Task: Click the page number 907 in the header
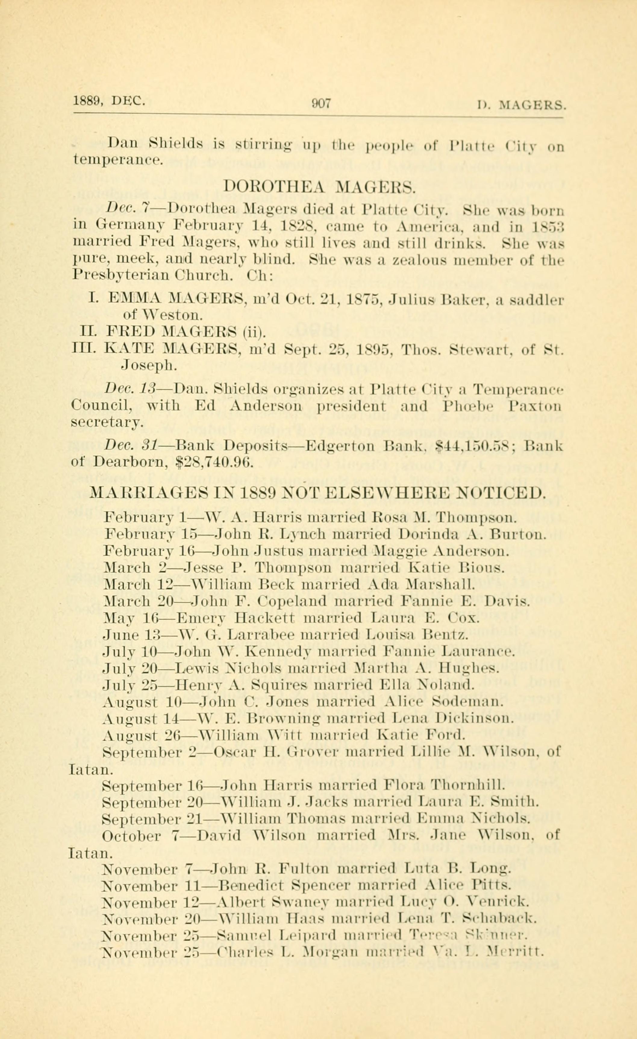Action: tap(321, 103)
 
